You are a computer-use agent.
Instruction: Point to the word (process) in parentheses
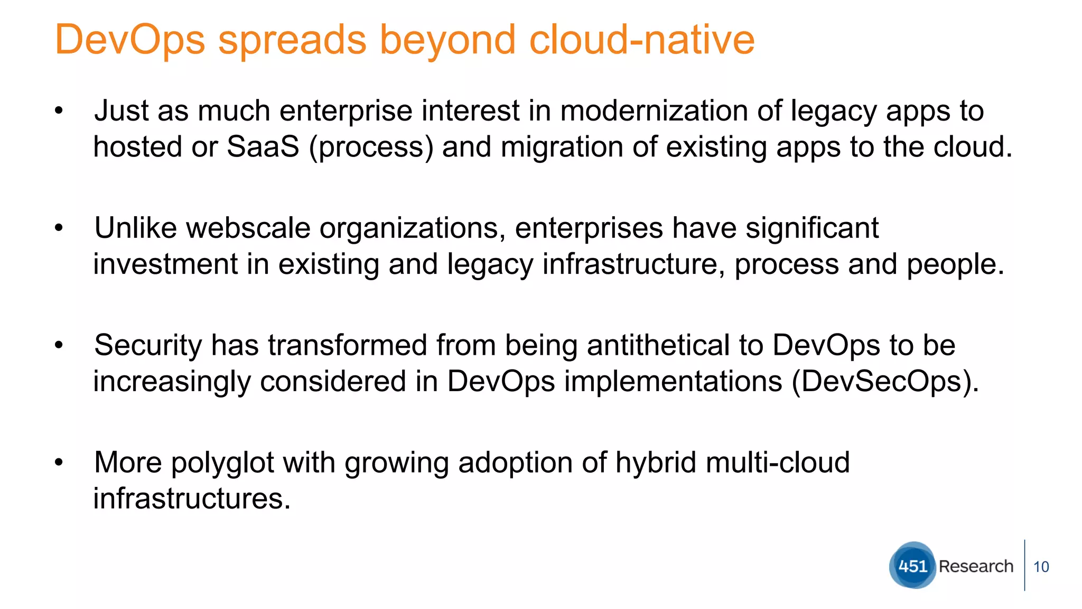(x=371, y=147)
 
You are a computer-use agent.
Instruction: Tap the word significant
(x=811, y=228)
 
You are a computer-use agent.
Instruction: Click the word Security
(x=148, y=345)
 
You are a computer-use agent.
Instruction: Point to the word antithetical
(x=658, y=345)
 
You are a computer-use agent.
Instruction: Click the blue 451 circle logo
(x=912, y=566)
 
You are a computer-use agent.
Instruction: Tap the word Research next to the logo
(x=976, y=566)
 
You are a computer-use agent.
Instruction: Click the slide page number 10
(x=1041, y=567)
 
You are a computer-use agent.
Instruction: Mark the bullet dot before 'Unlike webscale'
(x=59, y=228)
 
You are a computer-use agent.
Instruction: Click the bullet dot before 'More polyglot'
(x=59, y=463)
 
